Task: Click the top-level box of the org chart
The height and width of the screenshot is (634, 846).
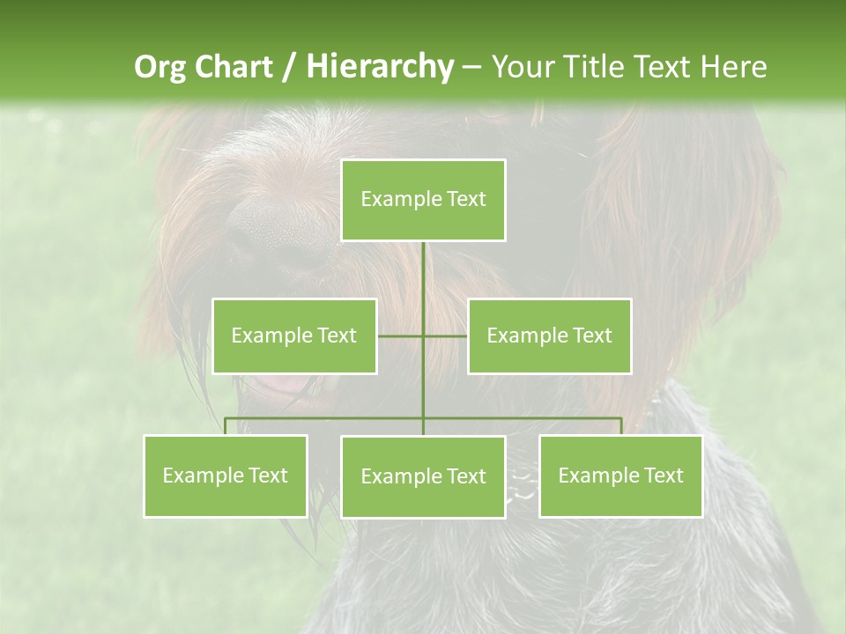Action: click(423, 200)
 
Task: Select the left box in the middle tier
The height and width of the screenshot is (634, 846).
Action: click(294, 335)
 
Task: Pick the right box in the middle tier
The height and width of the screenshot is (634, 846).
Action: click(549, 335)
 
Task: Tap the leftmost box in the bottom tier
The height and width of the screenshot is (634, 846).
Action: click(226, 475)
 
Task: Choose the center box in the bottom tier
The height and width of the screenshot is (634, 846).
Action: click(423, 476)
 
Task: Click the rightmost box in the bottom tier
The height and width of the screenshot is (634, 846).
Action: click(620, 475)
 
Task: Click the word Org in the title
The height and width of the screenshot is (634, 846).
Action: click(160, 67)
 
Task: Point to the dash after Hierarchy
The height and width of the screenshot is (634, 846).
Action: click(471, 67)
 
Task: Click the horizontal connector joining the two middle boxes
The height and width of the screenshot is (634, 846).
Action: click(445, 335)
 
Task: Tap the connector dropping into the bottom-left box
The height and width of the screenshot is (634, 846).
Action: click(226, 426)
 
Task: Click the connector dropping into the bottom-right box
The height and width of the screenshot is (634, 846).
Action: click(621, 426)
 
